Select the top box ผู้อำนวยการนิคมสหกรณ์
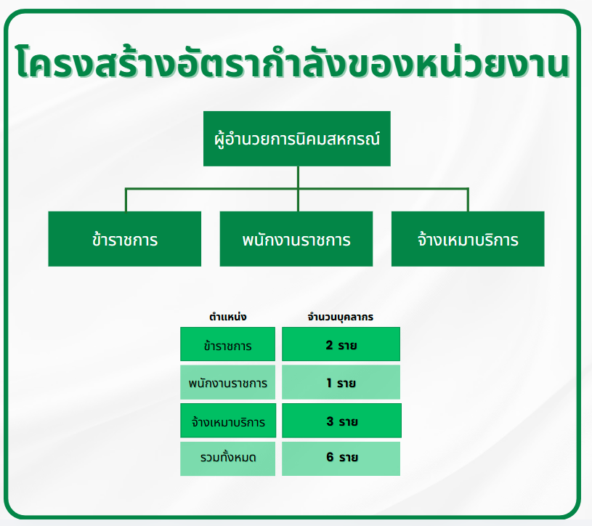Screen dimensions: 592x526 (297, 139)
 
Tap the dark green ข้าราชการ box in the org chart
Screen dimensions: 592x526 (125, 238)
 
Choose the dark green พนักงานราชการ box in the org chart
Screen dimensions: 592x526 (296, 238)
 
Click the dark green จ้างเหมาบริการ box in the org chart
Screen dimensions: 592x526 (468, 238)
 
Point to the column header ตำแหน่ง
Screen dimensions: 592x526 (227, 317)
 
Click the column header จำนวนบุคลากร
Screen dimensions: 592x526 (341, 317)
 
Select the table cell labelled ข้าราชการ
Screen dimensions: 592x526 (227, 344)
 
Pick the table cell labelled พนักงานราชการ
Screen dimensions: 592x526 (227, 382)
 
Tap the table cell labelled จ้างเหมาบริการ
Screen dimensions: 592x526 (228, 420)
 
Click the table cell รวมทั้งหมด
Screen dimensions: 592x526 (227, 458)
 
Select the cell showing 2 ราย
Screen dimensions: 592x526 (341, 344)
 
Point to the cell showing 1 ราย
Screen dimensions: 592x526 (341, 382)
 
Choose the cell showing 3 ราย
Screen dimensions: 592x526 (341, 420)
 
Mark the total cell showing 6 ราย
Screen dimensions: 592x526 (341, 458)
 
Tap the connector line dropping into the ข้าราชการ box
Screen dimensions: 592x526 (126, 200)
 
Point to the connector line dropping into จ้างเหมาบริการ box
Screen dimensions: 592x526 (468, 200)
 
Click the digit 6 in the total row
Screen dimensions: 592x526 (330, 457)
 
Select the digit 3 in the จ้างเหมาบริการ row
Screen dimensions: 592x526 (330, 421)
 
